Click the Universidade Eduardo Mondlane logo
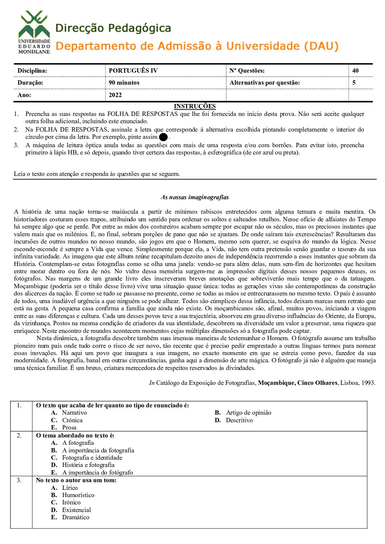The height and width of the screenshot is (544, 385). [34, 32]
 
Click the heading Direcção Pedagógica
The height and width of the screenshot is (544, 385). [113, 28]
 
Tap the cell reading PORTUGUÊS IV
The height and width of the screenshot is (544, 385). [133, 70]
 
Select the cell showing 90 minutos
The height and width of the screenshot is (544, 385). [124, 82]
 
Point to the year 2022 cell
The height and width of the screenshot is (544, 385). [115, 95]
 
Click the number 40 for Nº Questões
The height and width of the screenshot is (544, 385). [355, 70]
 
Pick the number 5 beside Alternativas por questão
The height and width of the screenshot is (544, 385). [354, 82]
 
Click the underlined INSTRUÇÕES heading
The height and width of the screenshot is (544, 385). [195, 106]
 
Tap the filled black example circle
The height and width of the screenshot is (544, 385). [163, 137]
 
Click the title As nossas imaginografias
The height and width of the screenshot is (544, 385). [195, 197]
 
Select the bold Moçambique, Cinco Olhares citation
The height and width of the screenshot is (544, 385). [297, 383]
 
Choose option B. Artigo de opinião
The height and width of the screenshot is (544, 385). [243, 412]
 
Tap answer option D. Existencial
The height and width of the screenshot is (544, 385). [71, 510]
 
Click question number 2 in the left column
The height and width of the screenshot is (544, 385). [19, 435]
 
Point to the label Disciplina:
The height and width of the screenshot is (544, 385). [32, 70]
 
